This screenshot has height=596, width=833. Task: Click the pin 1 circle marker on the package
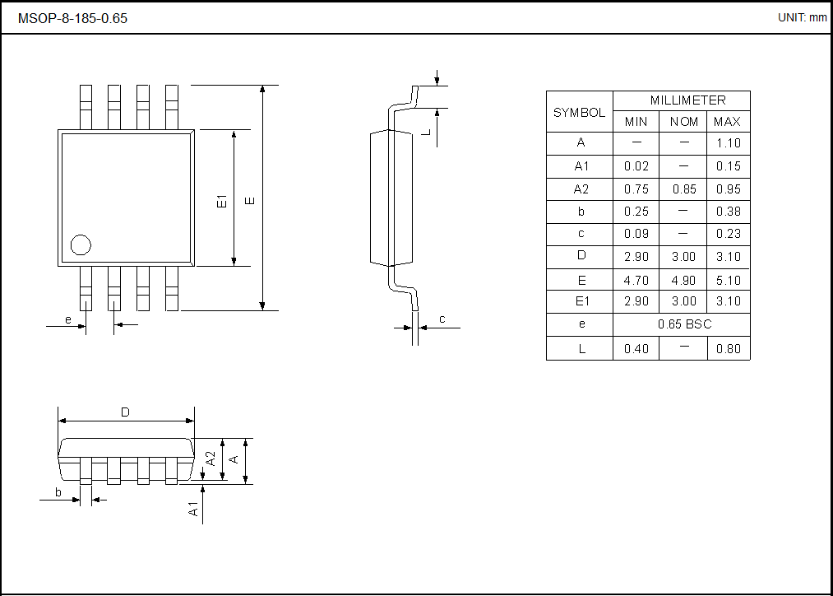[x=81, y=244]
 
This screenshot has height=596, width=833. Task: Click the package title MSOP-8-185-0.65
[x=72, y=18]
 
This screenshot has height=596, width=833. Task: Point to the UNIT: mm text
[x=802, y=17]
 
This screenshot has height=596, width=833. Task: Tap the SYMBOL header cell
[x=579, y=113]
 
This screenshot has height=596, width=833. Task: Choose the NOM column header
[x=683, y=122]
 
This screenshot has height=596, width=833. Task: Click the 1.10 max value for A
[x=728, y=143]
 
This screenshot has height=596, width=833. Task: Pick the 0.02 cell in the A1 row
[x=636, y=166]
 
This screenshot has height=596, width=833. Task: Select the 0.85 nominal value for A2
[x=683, y=189]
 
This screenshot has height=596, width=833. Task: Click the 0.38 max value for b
[x=728, y=212]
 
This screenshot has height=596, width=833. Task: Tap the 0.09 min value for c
[x=636, y=234]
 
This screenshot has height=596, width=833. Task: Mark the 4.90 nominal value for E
[x=683, y=280]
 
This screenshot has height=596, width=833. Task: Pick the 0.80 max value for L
[x=728, y=349]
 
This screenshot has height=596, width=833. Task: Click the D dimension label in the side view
[x=125, y=412]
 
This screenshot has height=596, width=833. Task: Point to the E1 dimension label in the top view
[x=221, y=201]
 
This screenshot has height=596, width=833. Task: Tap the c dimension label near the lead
[x=442, y=319]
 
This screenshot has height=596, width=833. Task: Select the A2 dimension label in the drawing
[x=211, y=459]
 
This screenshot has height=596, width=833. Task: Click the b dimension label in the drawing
[x=58, y=492]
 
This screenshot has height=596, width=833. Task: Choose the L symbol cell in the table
[x=581, y=349]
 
